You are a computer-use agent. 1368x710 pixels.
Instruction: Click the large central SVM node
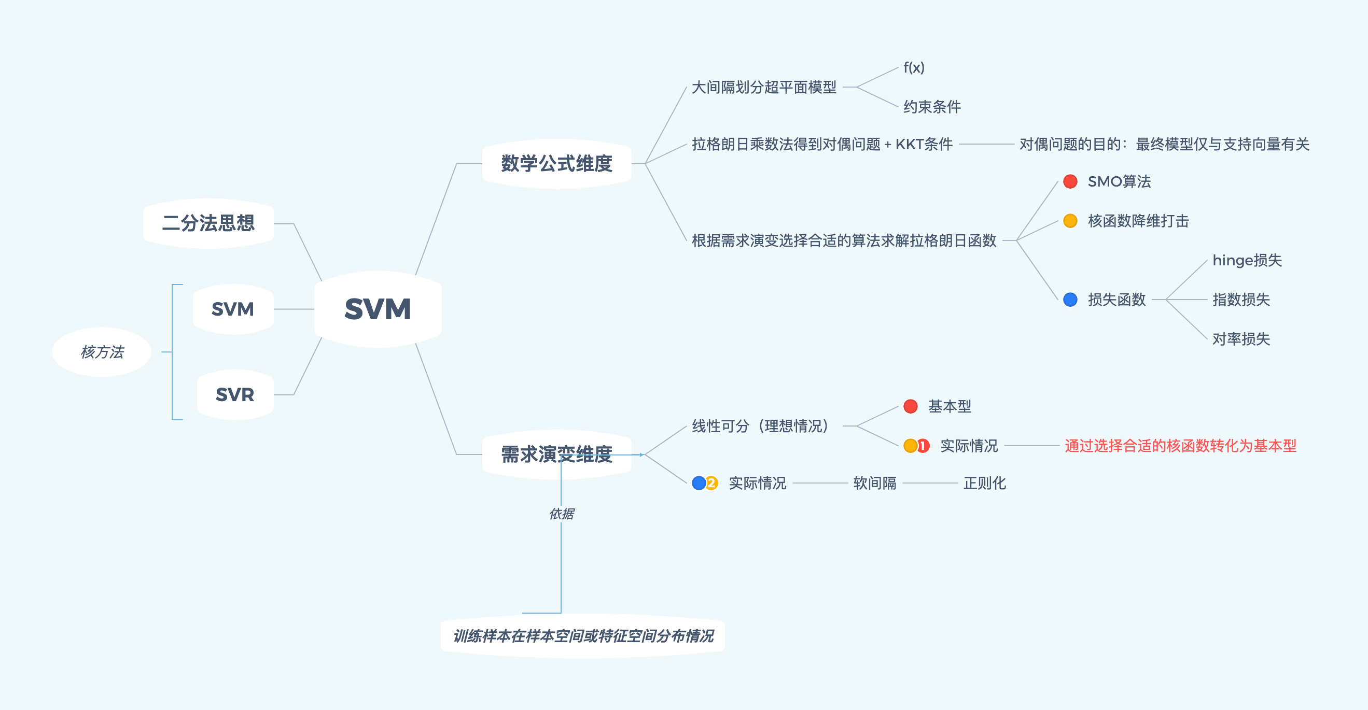tap(378, 309)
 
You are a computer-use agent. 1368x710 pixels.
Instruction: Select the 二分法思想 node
tap(208, 223)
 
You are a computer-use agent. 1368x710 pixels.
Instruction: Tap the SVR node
tap(235, 394)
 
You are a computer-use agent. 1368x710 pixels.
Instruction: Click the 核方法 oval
tap(102, 352)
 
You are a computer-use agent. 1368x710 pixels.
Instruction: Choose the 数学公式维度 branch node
tap(556, 163)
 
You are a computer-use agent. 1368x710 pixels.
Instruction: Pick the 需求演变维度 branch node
tap(556, 454)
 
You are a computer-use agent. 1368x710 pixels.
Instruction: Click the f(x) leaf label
tap(914, 67)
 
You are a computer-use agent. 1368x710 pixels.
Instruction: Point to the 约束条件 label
tap(932, 107)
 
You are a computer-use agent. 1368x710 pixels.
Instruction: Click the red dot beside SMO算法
tap(1070, 181)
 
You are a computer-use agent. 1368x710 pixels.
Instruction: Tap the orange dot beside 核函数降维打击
tap(1070, 221)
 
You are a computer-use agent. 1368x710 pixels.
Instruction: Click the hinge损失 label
tap(1247, 260)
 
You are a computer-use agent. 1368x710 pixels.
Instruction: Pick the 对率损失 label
tap(1241, 338)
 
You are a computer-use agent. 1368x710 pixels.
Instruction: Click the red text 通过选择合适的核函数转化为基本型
tap(1180, 446)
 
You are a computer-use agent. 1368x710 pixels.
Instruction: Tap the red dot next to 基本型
tap(910, 406)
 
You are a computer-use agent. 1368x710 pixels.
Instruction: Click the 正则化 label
tap(985, 483)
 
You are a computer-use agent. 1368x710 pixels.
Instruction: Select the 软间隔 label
tap(875, 483)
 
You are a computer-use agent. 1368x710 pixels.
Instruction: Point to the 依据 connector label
tap(561, 513)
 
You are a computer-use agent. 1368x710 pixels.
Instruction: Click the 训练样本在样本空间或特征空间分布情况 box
tap(582, 636)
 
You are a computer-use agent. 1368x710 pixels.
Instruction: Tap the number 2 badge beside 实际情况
tap(711, 483)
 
